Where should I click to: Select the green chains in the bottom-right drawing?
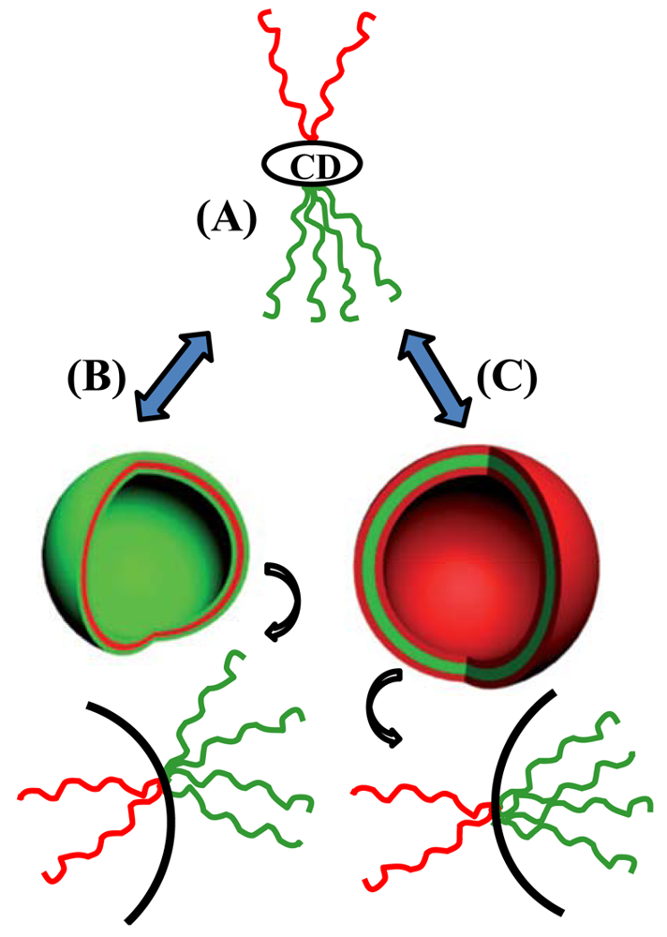[581, 787]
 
